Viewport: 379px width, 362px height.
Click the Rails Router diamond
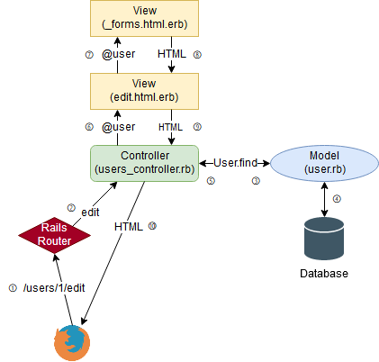coord(56,232)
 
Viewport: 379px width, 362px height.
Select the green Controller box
coord(145,162)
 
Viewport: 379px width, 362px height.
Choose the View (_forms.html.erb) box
coord(145,19)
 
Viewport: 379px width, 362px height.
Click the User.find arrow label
coord(237,162)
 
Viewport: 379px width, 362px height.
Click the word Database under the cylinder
coord(323,273)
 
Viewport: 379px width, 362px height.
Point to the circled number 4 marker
coord(338,198)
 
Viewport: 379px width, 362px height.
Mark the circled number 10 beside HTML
coord(152,226)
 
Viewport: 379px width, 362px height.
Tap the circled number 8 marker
coord(196,55)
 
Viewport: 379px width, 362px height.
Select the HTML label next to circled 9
coord(170,127)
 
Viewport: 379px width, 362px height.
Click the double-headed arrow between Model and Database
coord(323,198)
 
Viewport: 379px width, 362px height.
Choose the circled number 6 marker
coord(88,127)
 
